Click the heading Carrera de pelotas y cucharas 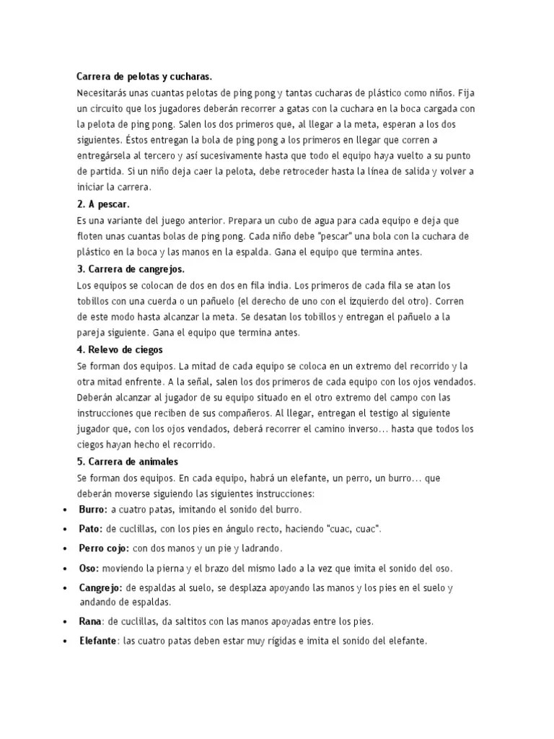pos(145,76)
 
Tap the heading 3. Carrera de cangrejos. pos(131,269)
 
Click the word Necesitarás pos(105,93)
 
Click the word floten pos(91,236)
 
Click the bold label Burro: pos(93,509)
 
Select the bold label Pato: pos(91,529)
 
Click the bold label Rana pos(91,621)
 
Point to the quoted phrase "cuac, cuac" pos(353,529)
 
